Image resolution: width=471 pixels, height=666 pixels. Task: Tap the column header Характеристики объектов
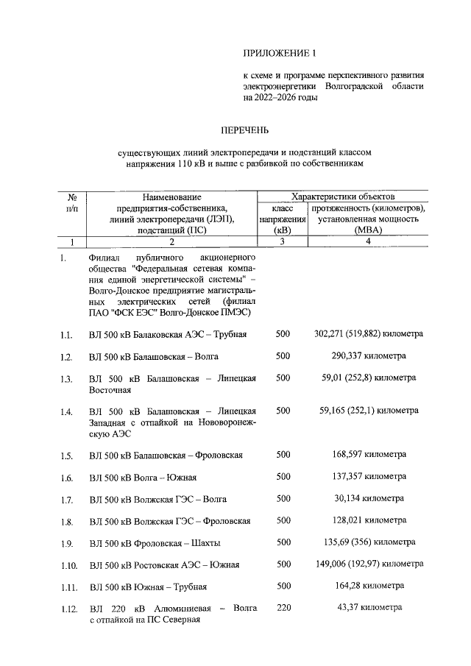pyautogui.click(x=342, y=197)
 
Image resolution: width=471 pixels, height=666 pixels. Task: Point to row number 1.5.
pyautogui.click(x=66, y=455)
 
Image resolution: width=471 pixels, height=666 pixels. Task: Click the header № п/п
pyautogui.click(x=72, y=203)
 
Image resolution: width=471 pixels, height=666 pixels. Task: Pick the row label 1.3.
pyautogui.click(x=66, y=379)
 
